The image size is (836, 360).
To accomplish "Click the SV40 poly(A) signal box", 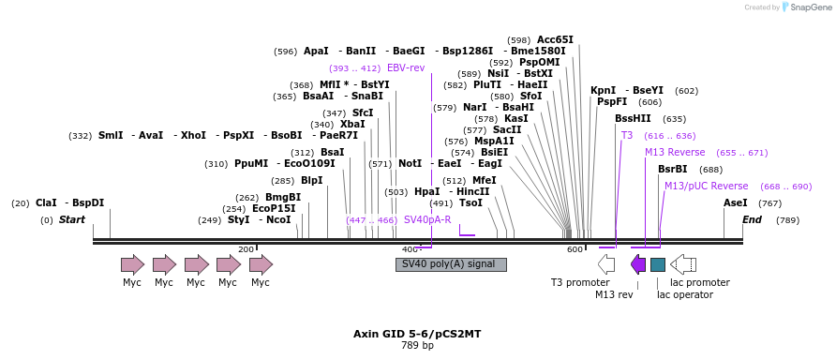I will click(x=451, y=264).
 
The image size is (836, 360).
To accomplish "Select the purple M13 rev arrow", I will click(x=638, y=264).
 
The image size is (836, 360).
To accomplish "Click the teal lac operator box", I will click(x=658, y=264).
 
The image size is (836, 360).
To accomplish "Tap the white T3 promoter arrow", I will click(x=606, y=264).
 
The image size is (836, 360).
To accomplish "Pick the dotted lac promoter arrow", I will click(x=683, y=264).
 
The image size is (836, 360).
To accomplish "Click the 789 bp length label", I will click(x=417, y=345).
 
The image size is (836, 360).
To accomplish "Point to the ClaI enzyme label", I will click(x=47, y=202).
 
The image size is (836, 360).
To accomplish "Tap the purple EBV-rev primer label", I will click(x=406, y=67).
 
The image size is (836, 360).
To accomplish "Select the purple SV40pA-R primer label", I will click(x=427, y=219).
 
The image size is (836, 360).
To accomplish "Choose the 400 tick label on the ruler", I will click(x=411, y=249).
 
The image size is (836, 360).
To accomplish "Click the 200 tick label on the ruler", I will click(x=246, y=249).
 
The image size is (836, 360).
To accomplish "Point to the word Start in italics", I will click(x=72, y=219).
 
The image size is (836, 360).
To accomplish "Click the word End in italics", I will click(x=752, y=219).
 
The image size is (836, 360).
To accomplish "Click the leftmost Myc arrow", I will click(x=133, y=264).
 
